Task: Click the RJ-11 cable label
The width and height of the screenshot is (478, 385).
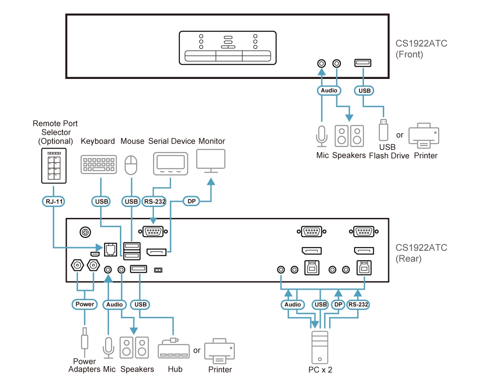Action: pyautogui.click(x=53, y=202)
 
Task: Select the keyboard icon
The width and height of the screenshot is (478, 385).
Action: pyautogui.click(x=99, y=165)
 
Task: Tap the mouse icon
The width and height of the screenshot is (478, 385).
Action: pyautogui.click(x=132, y=165)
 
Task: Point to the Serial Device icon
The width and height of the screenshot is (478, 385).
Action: pyautogui.click(x=170, y=163)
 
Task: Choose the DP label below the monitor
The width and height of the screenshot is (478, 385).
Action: pyautogui.click(x=192, y=202)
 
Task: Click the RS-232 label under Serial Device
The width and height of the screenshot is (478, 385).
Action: pyautogui.click(x=154, y=202)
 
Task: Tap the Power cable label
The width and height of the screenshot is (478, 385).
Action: pyautogui.click(x=85, y=304)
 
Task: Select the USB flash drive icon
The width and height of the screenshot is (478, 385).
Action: pyautogui.click(x=382, y=130)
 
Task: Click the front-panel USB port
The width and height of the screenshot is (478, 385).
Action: pyautogui.click(x=363, y=63)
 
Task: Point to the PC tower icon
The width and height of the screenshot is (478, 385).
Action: pyautogui.click(x=320, y=347)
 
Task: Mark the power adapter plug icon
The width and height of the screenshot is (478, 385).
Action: pyautogui.click(x=85, y=338)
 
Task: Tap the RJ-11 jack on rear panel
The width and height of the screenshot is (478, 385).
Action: pyautogui.click(x=110, y=249)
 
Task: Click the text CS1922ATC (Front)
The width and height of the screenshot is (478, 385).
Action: pyautogui.click(x=421, y=49)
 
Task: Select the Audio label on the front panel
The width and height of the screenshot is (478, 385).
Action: pyautogui.click(x=329, y=90)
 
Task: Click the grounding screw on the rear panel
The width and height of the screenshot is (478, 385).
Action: pyautogui.click(x=85, y=231)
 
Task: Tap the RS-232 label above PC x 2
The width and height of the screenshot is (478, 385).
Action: pyautogui.click(x=358, y=304)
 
